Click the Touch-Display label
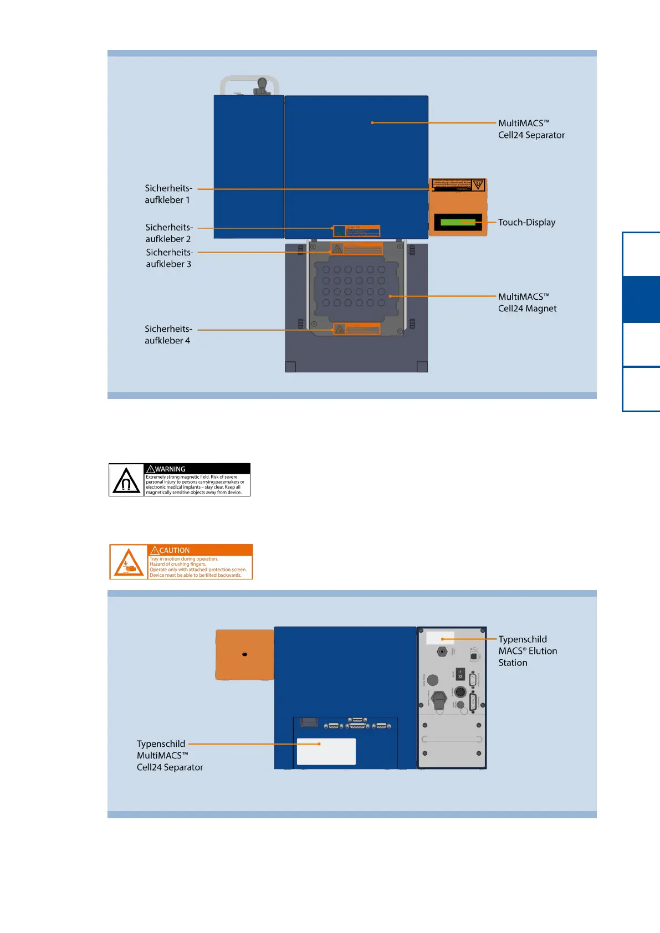coord(526,222)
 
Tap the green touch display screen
coord(458,222)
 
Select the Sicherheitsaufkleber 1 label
coord(168,194)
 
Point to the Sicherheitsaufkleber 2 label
coord(168,233)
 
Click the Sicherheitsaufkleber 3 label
coord(169,258)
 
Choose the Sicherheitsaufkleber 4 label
coord(168,335)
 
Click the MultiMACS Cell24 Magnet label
coord(527,303)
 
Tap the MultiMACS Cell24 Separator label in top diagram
coord(531,129)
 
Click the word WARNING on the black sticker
coord(170,469)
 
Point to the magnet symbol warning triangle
coord(126,480)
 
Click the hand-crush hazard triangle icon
coord(129,563)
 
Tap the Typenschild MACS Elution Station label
coord(527,651)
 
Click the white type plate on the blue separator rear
coord(326,751)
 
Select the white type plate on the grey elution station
coord(440,638)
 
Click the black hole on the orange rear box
coord(244,654)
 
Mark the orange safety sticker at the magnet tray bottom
coord(357,329)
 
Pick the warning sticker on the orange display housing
coord(458,184)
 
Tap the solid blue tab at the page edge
coord(641,299)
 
